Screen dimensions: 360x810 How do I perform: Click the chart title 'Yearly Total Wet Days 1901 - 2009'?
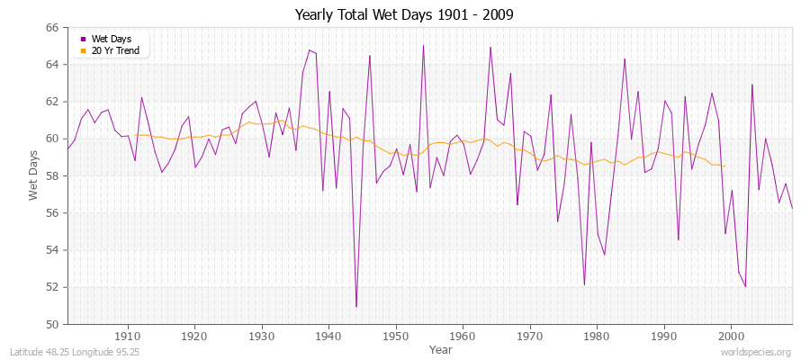405,15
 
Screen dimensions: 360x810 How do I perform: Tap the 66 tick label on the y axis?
51,28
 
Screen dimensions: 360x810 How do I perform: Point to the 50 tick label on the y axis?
51,324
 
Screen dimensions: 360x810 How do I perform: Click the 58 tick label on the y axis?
51,175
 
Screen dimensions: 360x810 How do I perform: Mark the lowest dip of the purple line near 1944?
356,307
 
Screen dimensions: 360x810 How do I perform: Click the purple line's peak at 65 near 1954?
423,46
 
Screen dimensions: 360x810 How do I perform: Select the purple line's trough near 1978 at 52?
584,285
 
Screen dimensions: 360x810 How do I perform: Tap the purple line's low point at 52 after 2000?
745,287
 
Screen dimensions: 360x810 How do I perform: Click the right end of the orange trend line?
724,166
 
